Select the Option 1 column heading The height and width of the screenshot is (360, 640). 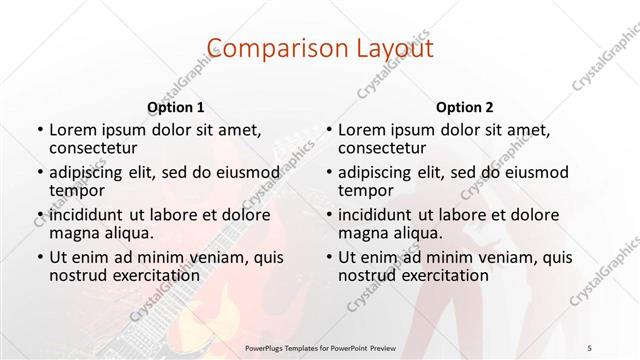click(176, 106)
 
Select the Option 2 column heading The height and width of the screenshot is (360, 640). click(465, 106)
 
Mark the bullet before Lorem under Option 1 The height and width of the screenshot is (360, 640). click(38, 131)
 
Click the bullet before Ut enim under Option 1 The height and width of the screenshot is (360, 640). click(38, 256)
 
